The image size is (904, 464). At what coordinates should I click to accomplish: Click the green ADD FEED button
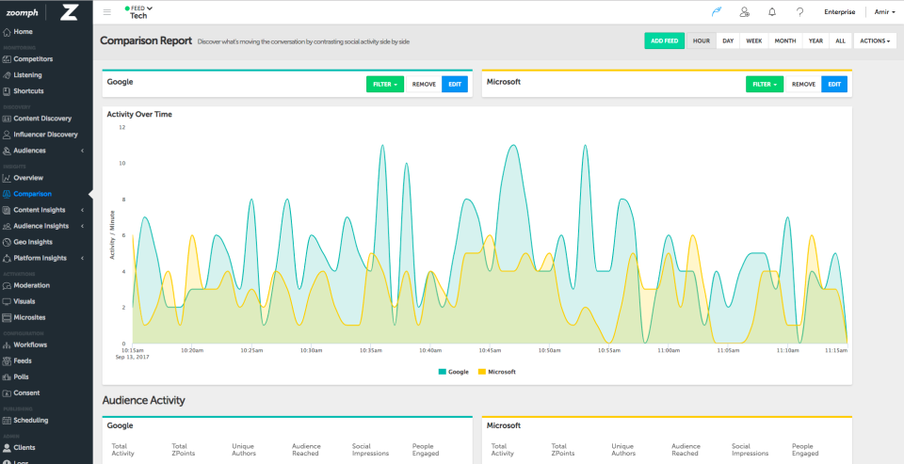pos(665,40)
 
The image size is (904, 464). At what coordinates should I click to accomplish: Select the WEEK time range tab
pos(754,40)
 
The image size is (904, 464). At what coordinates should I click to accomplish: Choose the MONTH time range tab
pos(785,40)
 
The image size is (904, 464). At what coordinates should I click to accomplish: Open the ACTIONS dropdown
pos(875,40)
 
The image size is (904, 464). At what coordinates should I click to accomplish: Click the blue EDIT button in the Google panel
pos(455,84)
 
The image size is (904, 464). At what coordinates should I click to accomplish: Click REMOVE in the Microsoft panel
pos(803,84)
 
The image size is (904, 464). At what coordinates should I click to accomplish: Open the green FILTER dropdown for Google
pos(385,84)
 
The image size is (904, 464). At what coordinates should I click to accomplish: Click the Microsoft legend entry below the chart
pos(498,372)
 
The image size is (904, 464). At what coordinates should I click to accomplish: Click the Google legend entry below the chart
pos(454,372)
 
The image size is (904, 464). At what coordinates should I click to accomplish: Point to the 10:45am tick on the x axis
pos(489,350)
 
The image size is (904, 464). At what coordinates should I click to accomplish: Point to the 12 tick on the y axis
pos(122,127)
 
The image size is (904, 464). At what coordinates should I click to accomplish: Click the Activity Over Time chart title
pos(139,114)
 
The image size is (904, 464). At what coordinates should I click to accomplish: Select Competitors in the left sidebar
pos(33,58)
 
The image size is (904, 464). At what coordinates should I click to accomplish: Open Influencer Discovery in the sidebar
pos(45,135)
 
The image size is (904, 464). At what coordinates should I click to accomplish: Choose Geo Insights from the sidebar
pos(33,242)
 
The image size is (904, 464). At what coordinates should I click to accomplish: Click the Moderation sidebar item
pos(32,285)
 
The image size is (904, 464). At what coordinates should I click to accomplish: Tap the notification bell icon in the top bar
pos(772,12)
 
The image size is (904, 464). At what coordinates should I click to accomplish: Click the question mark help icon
pos(799,12)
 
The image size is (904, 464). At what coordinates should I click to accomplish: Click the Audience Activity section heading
pos(143,400)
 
